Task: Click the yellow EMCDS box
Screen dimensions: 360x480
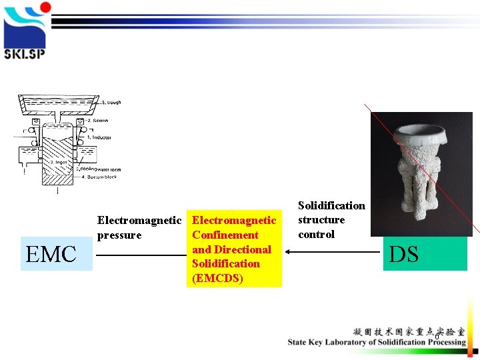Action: pyautogui.click(x=233, y=249)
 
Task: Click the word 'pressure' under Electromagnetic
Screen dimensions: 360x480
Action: pyautogui.click(x=119, y=235)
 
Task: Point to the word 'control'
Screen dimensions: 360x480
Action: pyautogui.click(x=316, y=234)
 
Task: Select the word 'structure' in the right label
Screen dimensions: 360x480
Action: pyautogui.click(x=321, y=220)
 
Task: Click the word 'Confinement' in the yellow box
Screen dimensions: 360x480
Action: pyautogui.click(x=225, y=235)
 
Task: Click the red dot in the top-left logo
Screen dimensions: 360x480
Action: pyautogui.click(x=45, y=7)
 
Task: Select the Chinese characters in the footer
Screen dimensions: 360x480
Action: pyautogui.click(x=409, y=331)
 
